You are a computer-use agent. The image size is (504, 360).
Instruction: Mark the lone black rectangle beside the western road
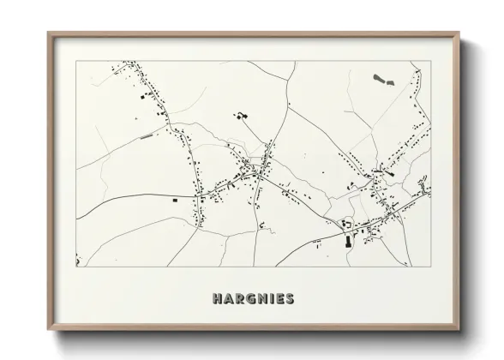(x=174, y=200)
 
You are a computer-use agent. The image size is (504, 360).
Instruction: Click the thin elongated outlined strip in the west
(x=151, y=135)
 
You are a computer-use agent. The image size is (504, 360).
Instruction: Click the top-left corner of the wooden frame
(x=49, y=33)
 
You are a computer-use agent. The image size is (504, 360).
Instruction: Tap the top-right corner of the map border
(x=429, y=61)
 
